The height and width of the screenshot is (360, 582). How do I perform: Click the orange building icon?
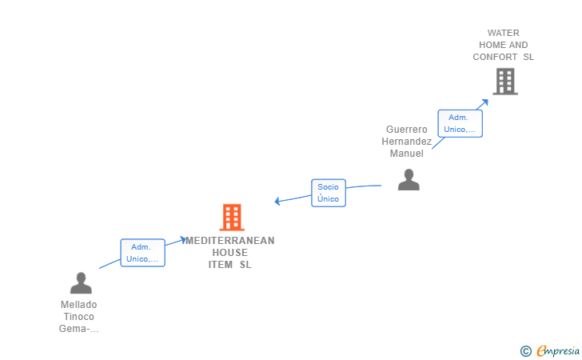coord(232,218)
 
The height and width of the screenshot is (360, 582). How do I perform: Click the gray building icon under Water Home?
coord(505,82)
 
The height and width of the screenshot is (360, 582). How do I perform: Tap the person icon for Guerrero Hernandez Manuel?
coord(409,180)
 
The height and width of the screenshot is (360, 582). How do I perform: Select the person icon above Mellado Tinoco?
coord(81,283)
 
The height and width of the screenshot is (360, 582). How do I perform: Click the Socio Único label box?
coord(329,193)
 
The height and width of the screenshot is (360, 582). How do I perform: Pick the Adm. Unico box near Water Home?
coord(460,123)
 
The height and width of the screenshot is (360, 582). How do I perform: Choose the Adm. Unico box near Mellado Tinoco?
coord(142,253)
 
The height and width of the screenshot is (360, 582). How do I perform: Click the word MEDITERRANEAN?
coord(230,241)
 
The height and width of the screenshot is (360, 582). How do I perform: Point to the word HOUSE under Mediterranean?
coord(229,253)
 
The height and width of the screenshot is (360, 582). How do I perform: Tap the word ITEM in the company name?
coord(221,265)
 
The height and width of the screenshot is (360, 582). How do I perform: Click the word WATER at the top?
coord(504,33)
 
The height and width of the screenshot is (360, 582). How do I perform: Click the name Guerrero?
coord(406,130)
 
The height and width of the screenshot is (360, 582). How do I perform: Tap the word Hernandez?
coord(406,141)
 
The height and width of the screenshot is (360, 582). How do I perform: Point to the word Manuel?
coord(406,154)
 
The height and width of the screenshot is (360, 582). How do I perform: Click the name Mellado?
coord(78,305)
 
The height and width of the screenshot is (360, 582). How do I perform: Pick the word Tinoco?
coord(78,317)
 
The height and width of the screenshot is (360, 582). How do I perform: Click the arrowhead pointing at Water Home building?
coord(484,102)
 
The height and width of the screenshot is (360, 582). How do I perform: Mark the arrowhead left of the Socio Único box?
coord(277,201)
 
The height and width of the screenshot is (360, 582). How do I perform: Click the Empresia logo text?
coord(558,350)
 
